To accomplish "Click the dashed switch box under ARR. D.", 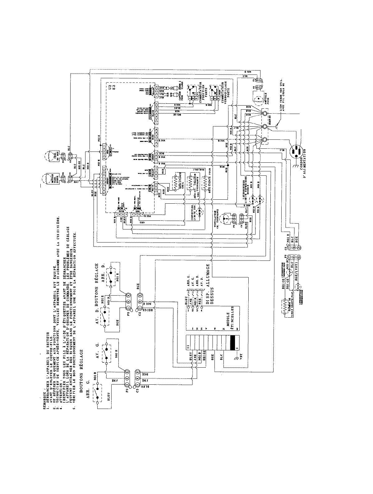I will pos(112,276).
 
